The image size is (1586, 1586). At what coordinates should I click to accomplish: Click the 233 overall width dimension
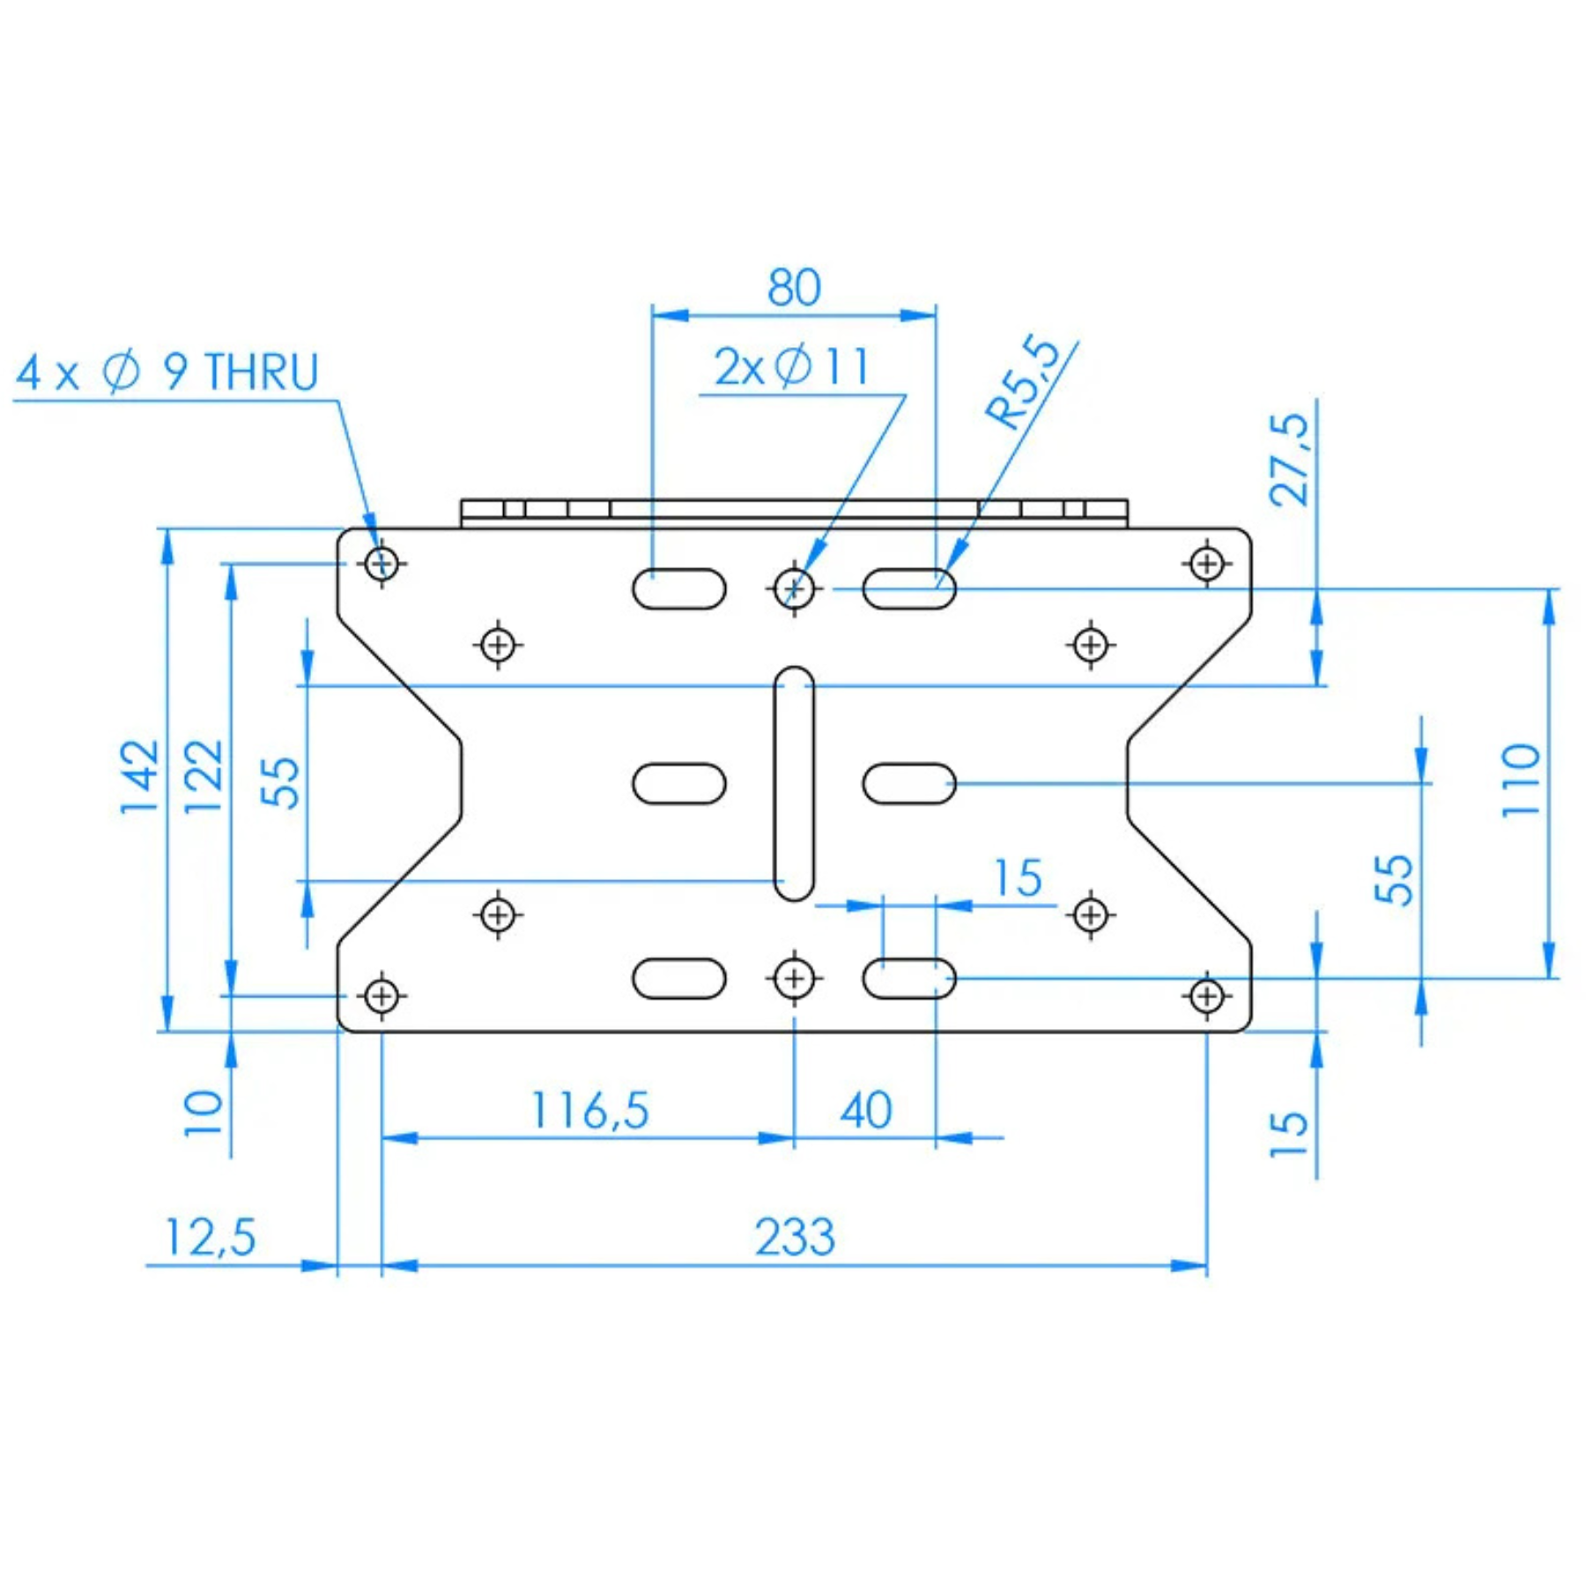794,1236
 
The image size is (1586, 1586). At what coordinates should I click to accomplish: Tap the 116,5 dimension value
589,1109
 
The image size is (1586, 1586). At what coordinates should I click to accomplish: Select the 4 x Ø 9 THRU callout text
167,372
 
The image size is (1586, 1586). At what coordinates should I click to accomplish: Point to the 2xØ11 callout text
791,367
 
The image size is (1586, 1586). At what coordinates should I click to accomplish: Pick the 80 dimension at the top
794,287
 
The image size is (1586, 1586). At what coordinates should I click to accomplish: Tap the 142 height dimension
141,777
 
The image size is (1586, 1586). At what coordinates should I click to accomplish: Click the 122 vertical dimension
204,777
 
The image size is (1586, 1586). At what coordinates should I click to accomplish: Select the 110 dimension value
1522,781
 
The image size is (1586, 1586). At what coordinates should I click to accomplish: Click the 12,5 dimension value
210,1237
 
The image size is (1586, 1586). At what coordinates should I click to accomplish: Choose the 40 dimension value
865,1109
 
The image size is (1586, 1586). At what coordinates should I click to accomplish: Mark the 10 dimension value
204,1114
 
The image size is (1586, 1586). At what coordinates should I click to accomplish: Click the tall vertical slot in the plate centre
794,783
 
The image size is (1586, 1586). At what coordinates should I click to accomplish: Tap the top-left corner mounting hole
382,562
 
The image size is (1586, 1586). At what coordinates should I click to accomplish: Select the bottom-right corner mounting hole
1207,997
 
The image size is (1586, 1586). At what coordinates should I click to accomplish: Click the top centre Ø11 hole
794,587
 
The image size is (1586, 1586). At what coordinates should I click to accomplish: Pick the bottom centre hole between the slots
794,978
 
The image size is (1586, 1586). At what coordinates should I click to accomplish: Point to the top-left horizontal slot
679,589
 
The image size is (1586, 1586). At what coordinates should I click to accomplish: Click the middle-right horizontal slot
909,783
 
